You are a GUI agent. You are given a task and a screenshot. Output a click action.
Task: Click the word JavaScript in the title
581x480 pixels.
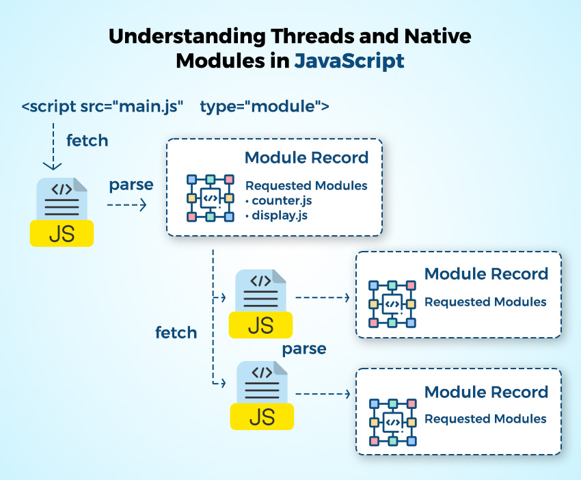(x=349, y=60)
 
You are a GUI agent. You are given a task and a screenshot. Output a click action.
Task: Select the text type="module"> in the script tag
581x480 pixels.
(x=265, y=107)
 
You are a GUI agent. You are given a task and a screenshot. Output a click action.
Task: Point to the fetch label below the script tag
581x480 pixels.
(x=87, y=140)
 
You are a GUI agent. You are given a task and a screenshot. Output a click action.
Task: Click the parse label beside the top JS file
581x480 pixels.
(x=131, y=185)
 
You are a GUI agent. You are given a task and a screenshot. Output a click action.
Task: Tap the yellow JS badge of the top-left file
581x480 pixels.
(x=62, y=233)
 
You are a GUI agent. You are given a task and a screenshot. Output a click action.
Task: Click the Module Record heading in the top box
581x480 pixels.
(x=306, y=158)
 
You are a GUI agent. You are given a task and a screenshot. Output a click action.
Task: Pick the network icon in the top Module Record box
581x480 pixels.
(x=211, y=198)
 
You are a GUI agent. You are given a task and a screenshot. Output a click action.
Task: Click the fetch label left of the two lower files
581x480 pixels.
(x=176, y=333)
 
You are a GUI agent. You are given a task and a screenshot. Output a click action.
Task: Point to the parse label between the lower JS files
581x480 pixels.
(x=304, y=349)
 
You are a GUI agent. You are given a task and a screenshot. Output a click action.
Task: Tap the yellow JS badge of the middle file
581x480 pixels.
(x=261, y=325)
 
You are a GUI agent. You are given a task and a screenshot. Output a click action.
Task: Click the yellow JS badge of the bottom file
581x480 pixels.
(x=261, y=416)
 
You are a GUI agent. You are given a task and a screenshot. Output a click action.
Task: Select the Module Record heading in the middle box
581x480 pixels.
(x=486, y=274)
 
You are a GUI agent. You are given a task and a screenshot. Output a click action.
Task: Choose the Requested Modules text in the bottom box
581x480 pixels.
(x=485, y=418)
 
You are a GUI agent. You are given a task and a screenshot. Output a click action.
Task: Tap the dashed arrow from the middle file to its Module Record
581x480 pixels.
(x=322, y=297)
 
